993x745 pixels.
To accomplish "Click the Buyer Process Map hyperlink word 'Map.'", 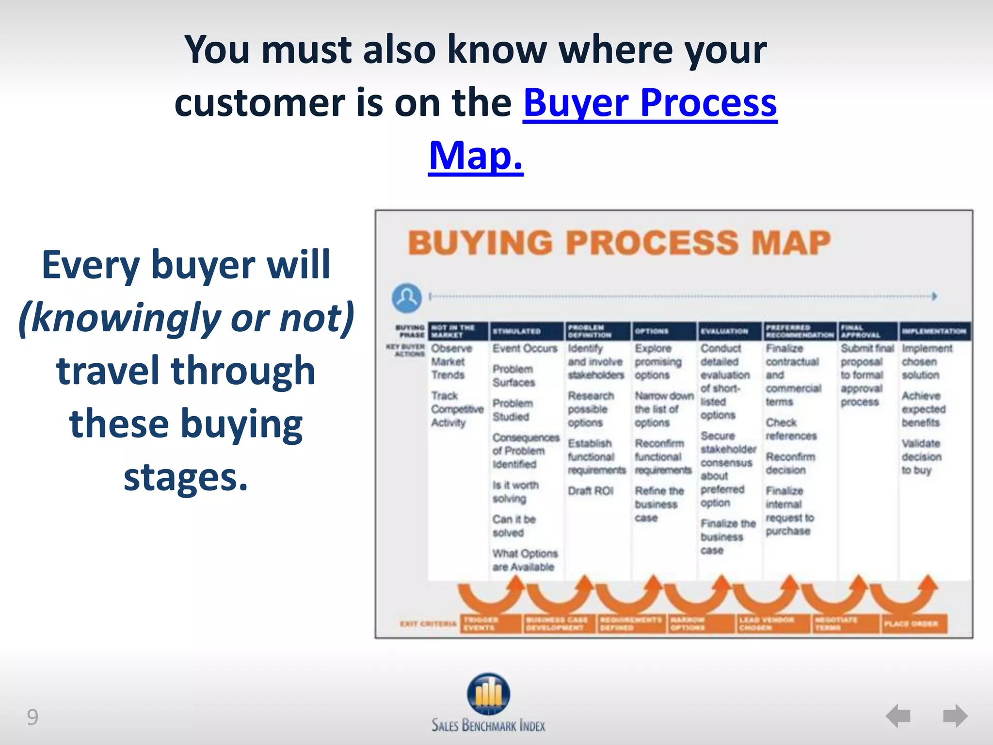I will (x=476, y=156).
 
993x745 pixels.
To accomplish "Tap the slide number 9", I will (x=32, y=717).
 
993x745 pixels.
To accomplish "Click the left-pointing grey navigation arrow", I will (x=898, y=716).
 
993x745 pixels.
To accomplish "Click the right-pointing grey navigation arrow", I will (x=955, y=716).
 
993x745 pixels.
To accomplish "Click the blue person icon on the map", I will (x=406, y=298).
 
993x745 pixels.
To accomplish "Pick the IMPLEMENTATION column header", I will (x=934, y=331).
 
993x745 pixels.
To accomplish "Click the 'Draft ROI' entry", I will (x=591, y=491).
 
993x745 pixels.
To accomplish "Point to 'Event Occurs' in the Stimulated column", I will (x=525, y=348).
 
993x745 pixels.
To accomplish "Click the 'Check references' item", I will (x=791, y=429).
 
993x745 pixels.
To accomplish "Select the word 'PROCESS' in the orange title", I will (x=652, y=243).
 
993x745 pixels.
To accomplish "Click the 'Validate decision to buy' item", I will (x=921, y=456).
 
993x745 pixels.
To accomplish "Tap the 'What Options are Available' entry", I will (x=525, y=560).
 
